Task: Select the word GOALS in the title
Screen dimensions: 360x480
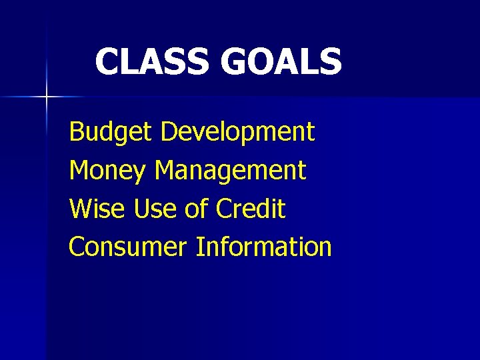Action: (x=281, y=61)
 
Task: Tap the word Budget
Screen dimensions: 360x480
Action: (x=111, y=133)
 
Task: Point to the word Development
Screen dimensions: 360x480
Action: (x=237, y=133)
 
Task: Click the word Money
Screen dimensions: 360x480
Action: (x=107, y=171)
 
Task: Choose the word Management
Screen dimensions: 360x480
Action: (x=230, y=171)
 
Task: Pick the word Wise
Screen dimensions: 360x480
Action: (x=97, y=209)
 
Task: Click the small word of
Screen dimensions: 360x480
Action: (x=197, y=209)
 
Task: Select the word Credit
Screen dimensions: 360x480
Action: (x=251, y=209)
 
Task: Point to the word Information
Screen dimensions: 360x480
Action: (x=263, y=247)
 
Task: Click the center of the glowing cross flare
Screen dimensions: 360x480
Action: (x=47, y=97)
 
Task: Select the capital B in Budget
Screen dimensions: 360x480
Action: (x=76, y=132)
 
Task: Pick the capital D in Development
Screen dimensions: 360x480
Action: (x=169, y=132)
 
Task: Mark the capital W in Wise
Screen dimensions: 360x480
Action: (x=81, y=209)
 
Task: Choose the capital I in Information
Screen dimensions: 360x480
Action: (x=199, y=247)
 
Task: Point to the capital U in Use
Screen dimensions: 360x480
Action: (x=141, y=209)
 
